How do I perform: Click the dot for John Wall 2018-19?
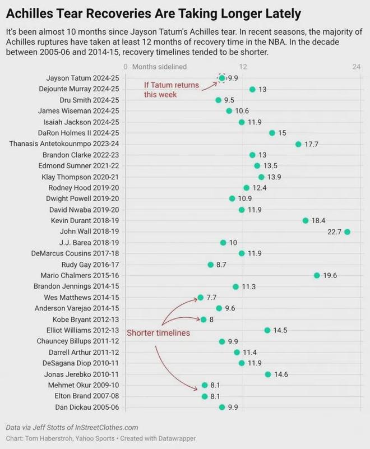point(347,232)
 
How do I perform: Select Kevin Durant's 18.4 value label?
point(318,220)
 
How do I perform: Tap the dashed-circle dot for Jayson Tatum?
point(221,78)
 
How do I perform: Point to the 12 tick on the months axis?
point(243,67)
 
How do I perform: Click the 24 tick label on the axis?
point(356,67)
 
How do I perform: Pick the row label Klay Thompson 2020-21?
point(80,177)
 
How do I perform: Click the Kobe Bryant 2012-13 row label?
point(86,320)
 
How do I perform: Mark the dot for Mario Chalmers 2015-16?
point(317,275)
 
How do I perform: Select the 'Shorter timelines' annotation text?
point(158,333)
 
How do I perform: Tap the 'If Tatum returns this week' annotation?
point(171,90)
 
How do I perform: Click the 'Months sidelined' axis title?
point(159,67)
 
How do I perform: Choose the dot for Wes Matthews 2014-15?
point(201,298)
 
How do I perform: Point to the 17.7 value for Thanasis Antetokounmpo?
point(311,144)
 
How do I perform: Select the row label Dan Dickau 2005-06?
point(87,407)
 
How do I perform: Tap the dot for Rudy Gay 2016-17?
point(210,265)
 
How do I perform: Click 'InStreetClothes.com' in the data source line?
point(107,428)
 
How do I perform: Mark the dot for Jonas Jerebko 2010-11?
point(268,374)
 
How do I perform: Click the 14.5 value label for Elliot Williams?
point(280,330)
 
